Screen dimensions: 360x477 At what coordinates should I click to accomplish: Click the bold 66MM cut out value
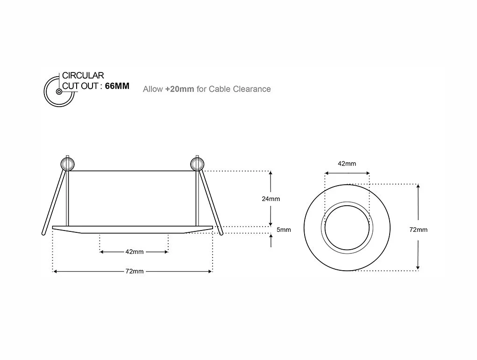tap(117, 86)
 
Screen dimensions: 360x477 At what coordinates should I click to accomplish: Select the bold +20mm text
tap(179, 89)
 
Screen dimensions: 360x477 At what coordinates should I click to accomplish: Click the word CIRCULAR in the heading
tap(83, 75)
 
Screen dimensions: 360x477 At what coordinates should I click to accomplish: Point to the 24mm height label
tap(271, 199)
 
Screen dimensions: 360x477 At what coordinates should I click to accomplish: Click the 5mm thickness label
tap(284, 230)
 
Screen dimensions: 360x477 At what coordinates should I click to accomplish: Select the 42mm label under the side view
tap(134, 252)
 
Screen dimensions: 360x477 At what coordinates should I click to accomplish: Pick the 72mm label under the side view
tap(134, 272)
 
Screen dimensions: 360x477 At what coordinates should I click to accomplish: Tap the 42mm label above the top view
tap(347, 164)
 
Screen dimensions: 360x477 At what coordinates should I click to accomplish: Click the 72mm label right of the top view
tap(418, 230)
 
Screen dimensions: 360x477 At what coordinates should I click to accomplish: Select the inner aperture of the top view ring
tap(347, 227)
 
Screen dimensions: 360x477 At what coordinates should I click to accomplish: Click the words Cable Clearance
tap(240, 89)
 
